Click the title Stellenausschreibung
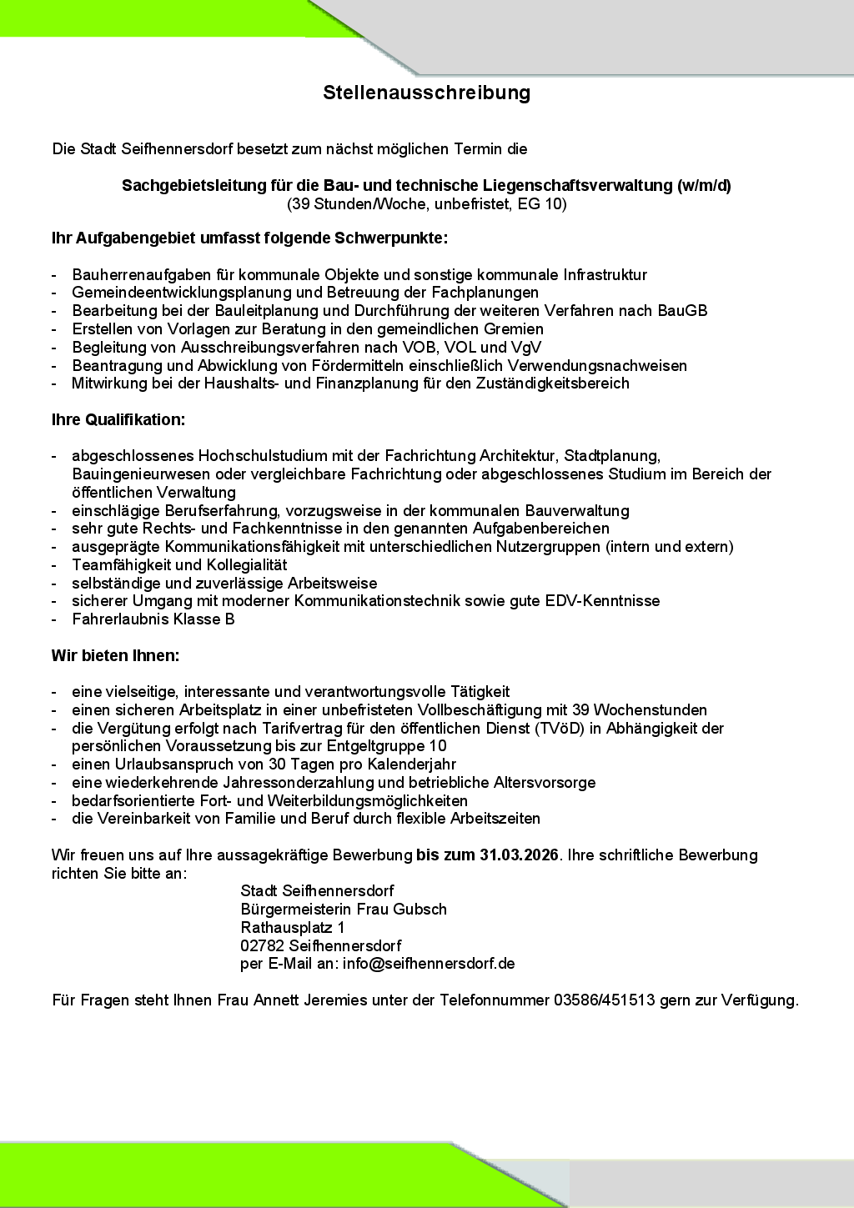(426, 93)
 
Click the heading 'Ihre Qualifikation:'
(118, 419)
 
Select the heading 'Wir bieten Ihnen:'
(115, 655)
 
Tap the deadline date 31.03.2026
(519, 855)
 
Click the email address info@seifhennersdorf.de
(429, 964)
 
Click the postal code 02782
(262, 945)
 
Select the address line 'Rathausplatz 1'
(293, 927)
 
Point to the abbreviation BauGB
(682, 311)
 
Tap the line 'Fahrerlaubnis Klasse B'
(153, 619)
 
